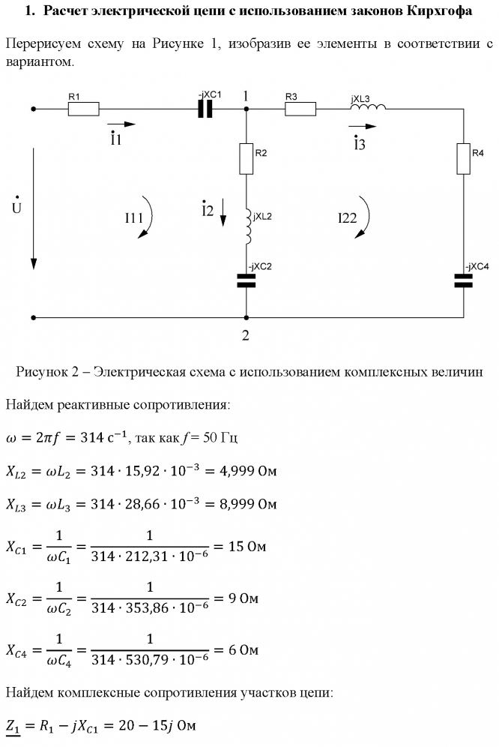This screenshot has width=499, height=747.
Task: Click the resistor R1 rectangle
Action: coord(83,109)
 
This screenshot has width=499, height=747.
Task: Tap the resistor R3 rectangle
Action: coord(300,109)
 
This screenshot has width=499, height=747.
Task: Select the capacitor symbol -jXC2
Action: coord(246,280)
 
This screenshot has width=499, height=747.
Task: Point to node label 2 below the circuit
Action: coord(245,335)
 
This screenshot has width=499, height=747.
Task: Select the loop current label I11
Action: coord(134,218)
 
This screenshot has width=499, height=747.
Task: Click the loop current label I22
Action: coord(347,218)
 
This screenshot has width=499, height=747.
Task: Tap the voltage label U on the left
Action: coord(16,205)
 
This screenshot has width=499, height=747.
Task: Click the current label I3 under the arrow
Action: coord(360,144)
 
